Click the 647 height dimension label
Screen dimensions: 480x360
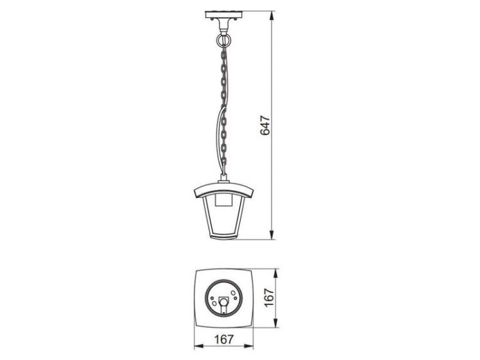point(265,125)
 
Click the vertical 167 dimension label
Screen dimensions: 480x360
point(269,297)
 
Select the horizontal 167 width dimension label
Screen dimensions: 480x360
point(224,339)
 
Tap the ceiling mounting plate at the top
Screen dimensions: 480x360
point(224,14)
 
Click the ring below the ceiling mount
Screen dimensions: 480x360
point(224,40)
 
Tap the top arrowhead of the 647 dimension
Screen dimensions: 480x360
point(271,15)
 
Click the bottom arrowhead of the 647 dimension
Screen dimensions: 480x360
point(271,234)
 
